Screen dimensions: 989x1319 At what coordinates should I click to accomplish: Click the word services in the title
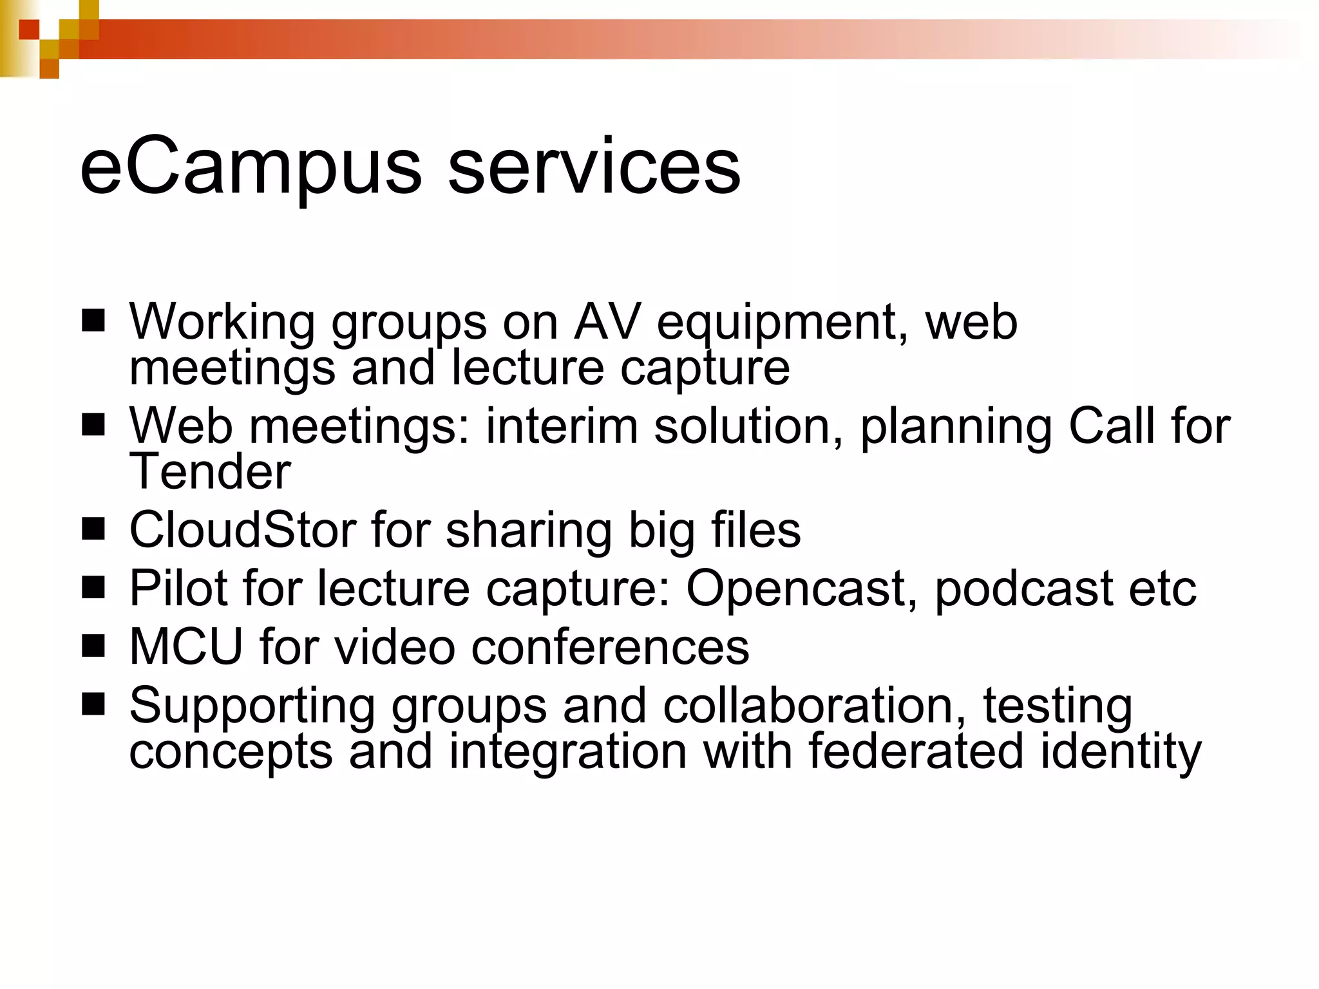coord(594,169)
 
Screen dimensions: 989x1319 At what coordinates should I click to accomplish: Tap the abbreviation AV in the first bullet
coord(607,321)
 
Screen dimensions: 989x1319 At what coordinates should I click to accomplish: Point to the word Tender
coord(210,471)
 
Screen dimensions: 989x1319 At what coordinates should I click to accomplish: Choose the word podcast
coord(1024,589)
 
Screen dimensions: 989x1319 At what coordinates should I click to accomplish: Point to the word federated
coord(915,751)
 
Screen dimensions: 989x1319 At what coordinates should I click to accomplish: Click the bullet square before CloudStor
coord(93,529)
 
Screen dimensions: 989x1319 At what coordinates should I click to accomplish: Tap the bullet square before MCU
coord(93,646)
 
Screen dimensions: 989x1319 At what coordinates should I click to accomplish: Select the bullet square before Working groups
coord(93,320)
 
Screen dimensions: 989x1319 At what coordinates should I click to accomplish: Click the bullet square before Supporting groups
coord(93,704)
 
